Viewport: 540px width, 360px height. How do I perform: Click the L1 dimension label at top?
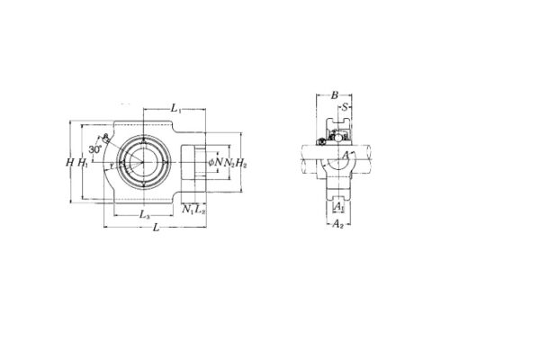pyautogui.click(x=178, y=108)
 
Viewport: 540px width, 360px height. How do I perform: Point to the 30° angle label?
pyautogui.click(x=95, y=149)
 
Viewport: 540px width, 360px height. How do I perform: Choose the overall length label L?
pyautogui.click(x=157, y=229)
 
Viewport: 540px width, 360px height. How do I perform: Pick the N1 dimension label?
pyautogui.click(x=187, y=210)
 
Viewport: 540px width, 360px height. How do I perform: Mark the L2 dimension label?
pyautogui.click(x=200, y=210)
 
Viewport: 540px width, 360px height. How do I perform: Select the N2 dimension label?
pyautogui.click(x=229, y=162)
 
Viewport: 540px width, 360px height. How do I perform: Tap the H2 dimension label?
pyautogui.click(x=241, y=162)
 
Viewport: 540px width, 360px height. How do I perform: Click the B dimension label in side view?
pyautogui.click(x=334, y=94)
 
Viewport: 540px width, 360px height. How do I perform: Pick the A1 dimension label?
pyautogui.click(x=337, y=207)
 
